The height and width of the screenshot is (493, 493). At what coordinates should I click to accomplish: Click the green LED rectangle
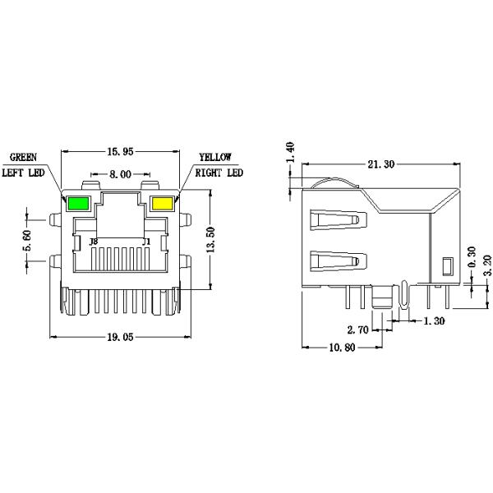(79, 204)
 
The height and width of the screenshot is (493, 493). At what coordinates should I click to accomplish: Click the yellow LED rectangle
(162, 204)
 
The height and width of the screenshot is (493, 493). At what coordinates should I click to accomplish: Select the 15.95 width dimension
(120, 151)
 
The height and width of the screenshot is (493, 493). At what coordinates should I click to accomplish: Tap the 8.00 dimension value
(120, 174)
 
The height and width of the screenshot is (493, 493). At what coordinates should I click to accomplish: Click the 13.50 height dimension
(212, 241)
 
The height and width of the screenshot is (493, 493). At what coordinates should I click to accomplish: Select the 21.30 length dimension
(380, 164)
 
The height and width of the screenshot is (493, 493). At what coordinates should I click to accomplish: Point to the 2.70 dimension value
(357, 329)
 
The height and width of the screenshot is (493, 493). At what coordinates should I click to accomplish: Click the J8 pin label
(93, 242)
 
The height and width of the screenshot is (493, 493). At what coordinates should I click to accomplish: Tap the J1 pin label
(146, 242)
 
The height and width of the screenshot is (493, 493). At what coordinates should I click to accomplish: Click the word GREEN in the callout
(23, 157)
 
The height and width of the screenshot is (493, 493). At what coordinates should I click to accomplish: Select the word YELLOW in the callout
(214, 157)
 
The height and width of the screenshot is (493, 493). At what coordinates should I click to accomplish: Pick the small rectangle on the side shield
(448, 265)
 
